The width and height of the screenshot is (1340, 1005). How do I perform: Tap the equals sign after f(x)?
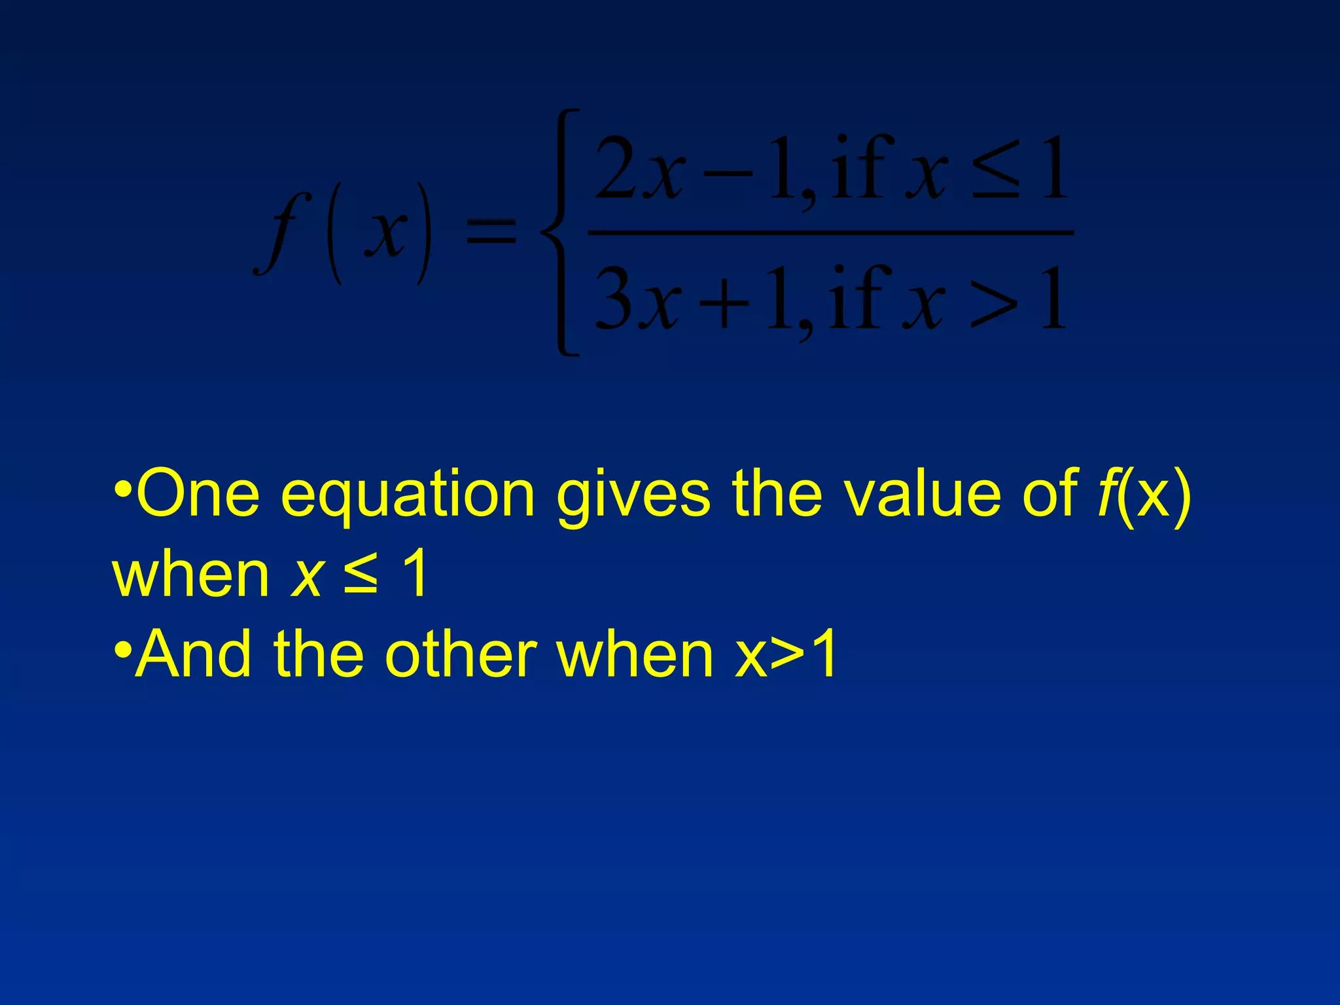click(x=491, y=232)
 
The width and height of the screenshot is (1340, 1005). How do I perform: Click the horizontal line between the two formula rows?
click(x=831, y=232)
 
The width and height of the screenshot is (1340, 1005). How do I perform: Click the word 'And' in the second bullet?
click(x=193, y=654)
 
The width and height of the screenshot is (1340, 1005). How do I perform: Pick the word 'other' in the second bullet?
click(x=461, y=654)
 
